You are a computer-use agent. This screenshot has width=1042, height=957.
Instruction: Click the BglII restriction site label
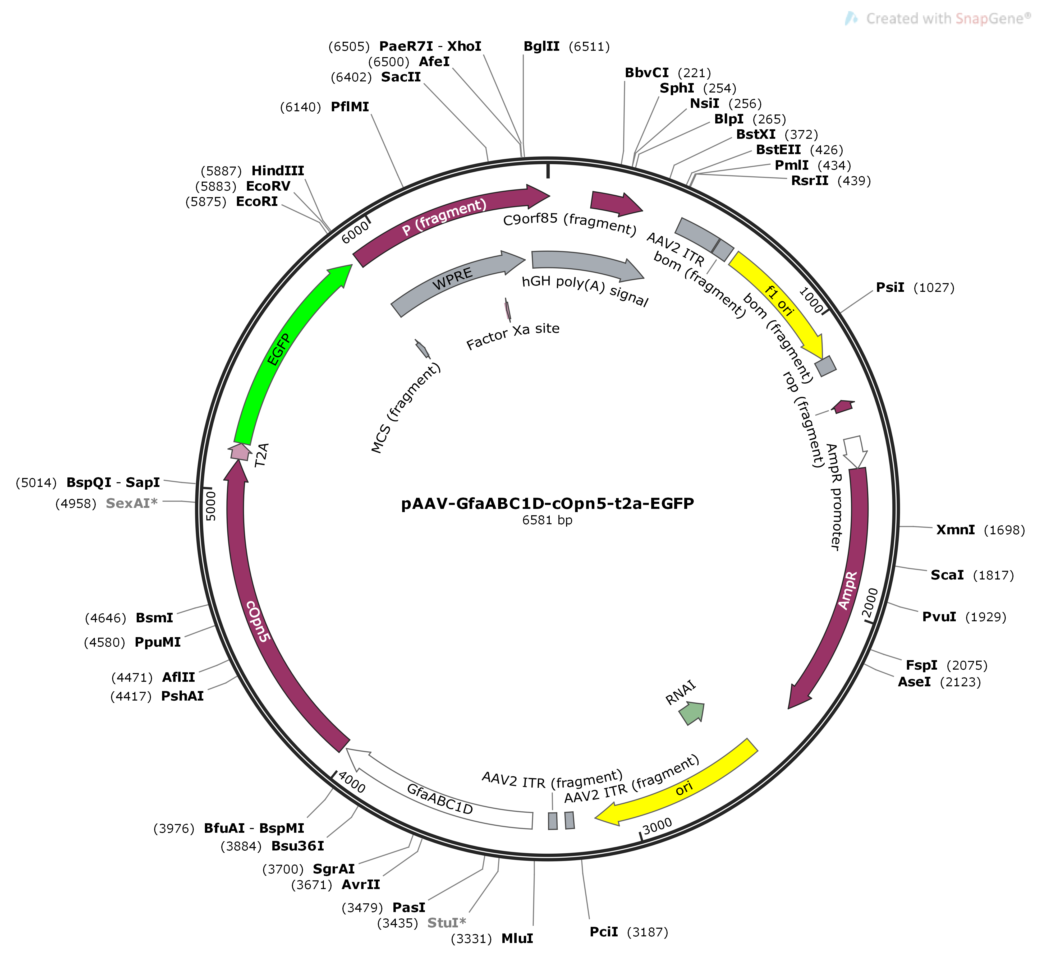click(541, 47)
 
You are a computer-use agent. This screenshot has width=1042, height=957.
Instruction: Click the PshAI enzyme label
click(182, 696)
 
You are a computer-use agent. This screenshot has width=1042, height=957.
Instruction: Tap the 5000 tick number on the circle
click(210, 507)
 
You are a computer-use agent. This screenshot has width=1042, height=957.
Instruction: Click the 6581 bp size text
click(547, 520)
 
